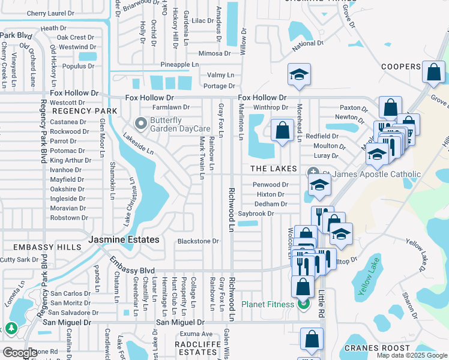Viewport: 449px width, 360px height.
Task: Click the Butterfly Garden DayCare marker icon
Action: (x=141, y=124)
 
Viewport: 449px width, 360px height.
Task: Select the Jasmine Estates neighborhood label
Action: (x=124, y=239)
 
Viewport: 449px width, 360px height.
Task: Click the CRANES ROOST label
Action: (x=377, y=348)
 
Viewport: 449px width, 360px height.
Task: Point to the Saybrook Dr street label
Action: (x=255, y=214)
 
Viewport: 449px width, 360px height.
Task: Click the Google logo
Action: (x=20, y=353)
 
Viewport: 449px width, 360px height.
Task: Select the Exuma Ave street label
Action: (x=198, y=334)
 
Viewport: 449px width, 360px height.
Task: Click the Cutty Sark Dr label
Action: (x=19, y=259)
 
